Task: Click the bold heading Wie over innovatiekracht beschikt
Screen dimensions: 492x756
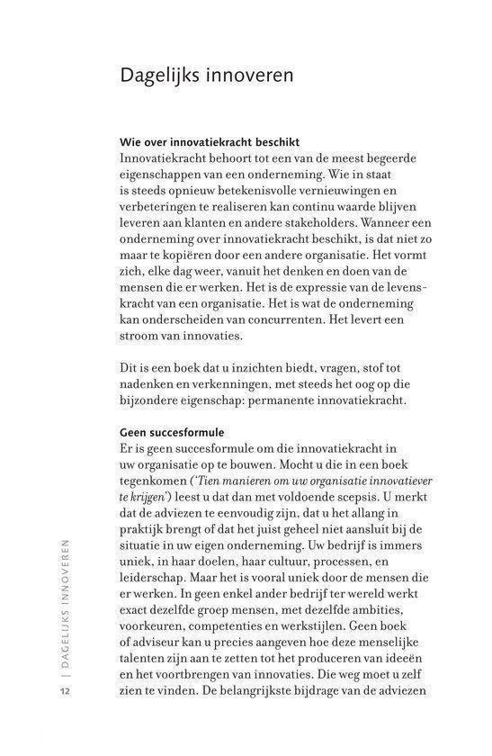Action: coord(210,141)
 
